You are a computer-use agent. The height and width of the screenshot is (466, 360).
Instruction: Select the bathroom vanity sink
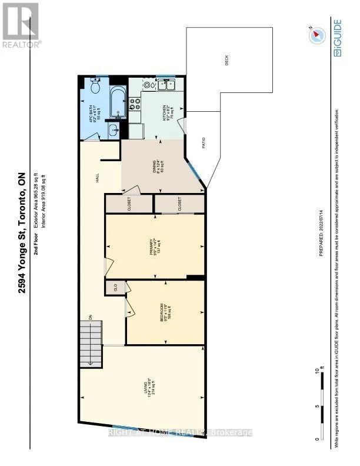(114, 131)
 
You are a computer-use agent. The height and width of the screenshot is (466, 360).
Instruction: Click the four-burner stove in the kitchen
(135, 104)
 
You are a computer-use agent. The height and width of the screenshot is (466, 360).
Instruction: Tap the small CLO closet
(115, 288)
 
